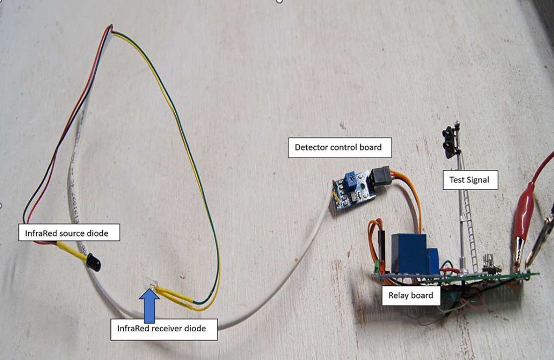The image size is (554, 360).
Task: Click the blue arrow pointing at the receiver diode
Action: (150, 306)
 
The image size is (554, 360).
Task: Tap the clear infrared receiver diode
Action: (150, 285)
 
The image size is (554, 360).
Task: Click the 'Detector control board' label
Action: (338, 147)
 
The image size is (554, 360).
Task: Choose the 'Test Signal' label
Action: (469, 180)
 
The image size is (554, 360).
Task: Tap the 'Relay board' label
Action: (411, 296)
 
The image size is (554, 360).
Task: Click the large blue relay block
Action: (410, 252)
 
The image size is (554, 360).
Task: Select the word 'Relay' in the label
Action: (399, 296)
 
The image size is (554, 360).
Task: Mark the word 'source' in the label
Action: (72, 234)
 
